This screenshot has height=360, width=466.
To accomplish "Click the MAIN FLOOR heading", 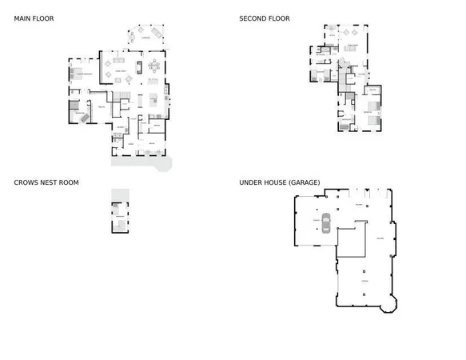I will pos(34,18).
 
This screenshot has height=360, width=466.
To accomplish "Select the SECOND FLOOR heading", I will pos(264,18).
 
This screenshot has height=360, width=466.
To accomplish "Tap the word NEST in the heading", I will pos(47,182).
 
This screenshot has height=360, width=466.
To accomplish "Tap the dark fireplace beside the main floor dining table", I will pos(139,66).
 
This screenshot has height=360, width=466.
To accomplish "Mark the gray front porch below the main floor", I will pos(141,162).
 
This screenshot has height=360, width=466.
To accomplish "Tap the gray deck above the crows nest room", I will pos(120,194).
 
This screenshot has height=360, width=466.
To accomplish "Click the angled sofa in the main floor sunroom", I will pos(135,35).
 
